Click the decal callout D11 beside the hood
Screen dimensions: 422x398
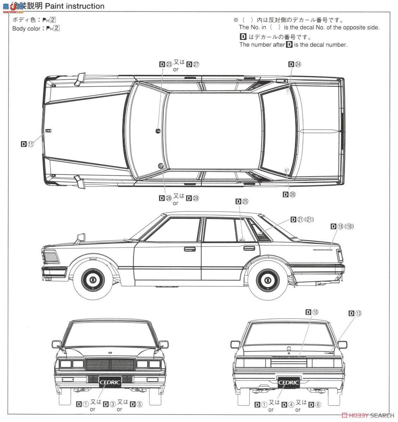coord(27,144)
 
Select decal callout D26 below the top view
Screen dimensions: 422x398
coord(289,194)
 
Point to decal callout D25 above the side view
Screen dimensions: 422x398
coord(242,201)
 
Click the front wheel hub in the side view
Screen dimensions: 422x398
coord(93,280)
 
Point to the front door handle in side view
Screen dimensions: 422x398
coord(190,249)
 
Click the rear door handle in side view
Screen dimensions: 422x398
coord(249,249)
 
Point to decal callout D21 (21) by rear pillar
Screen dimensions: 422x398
coord(302,219)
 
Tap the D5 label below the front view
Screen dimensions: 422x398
coord(136,404)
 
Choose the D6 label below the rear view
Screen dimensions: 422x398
coord(314,404)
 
